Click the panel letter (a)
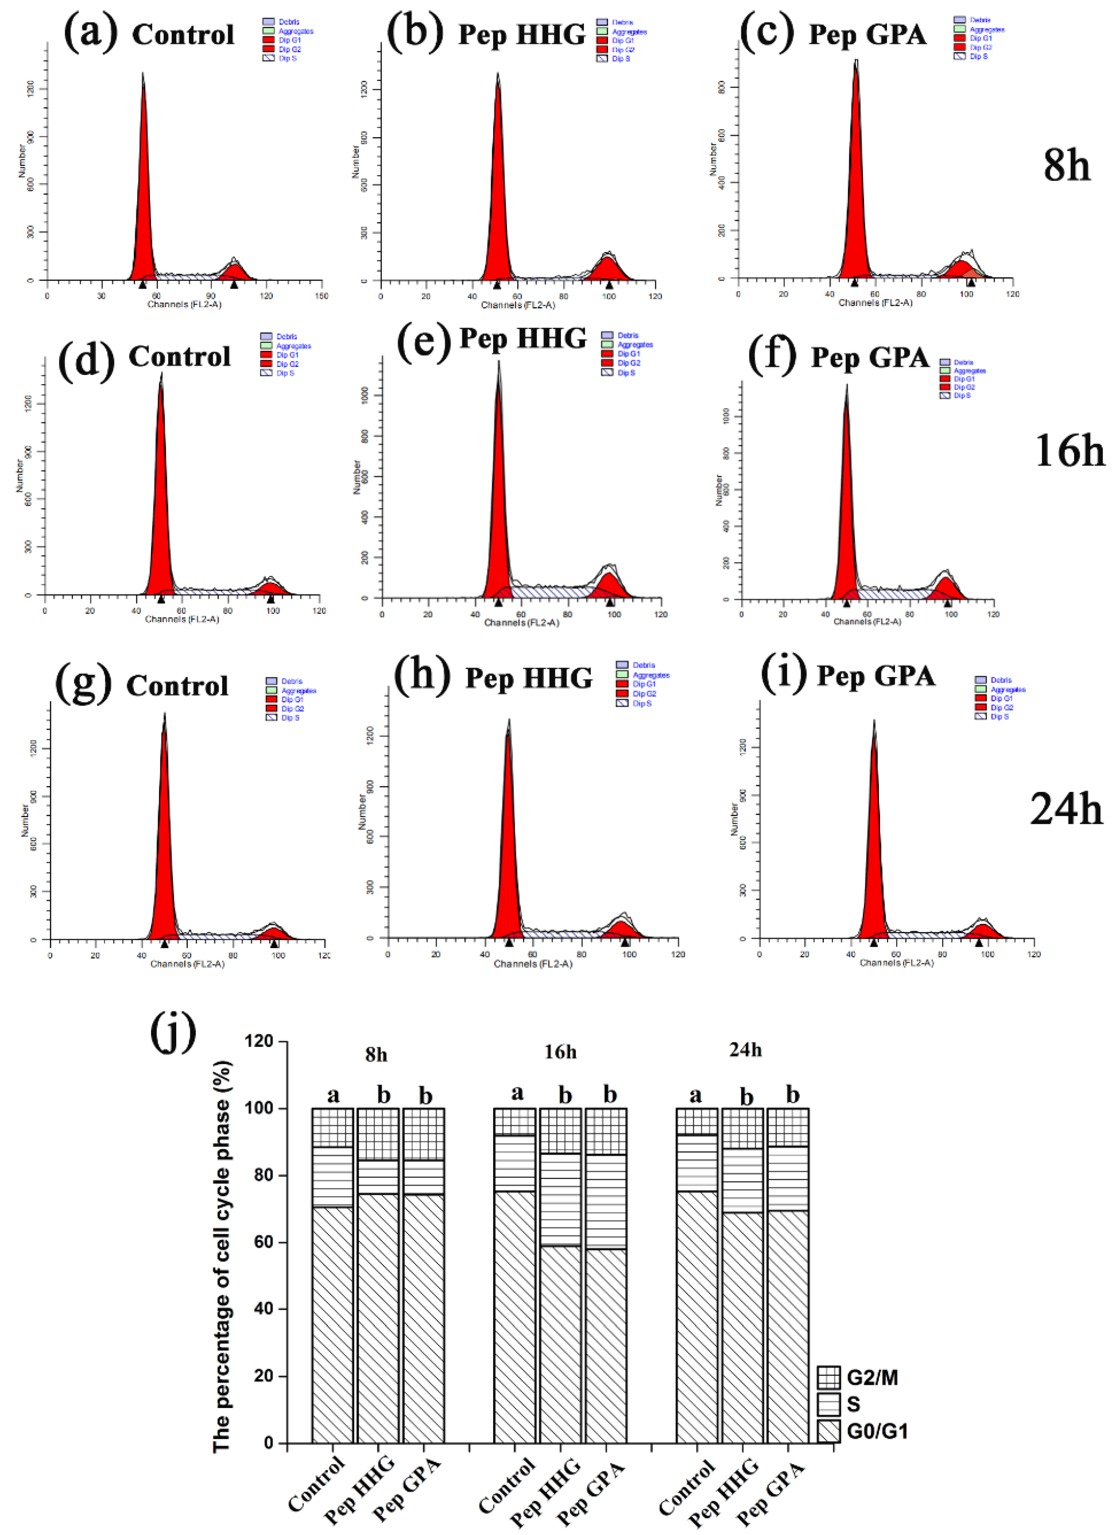(90, 32)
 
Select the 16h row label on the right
(1069, 451)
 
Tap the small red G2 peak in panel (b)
(608, 267)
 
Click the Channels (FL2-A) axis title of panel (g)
(187, 964)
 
